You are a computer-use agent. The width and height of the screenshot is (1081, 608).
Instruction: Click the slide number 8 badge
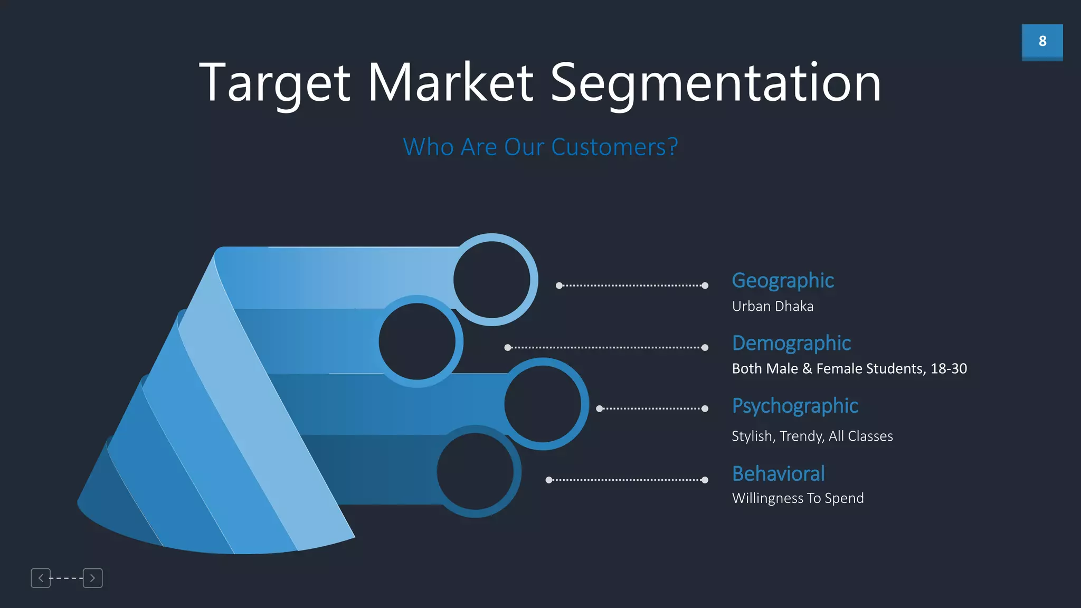(1042, 41)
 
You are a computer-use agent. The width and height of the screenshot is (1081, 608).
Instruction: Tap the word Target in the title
(274, 83)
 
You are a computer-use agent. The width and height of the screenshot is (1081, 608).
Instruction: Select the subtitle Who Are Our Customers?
(540, 147)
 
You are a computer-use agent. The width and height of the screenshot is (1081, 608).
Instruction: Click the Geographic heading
(783, 280)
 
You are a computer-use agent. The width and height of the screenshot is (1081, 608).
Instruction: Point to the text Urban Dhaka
(772, 306)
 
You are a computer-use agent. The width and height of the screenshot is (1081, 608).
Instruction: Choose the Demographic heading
(791, 343)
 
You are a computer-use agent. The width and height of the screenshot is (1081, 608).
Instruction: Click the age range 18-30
(949, 368)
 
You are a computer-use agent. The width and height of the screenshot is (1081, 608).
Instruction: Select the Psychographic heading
(795, 406)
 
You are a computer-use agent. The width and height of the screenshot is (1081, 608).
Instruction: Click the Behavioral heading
(778, 473)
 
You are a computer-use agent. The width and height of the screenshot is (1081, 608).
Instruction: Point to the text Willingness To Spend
(798, 498)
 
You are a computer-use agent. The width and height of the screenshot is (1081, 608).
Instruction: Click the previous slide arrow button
(41, 578)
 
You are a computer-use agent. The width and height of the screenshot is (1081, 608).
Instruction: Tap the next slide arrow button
(92, 578)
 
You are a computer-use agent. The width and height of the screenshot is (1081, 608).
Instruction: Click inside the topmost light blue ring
(491, 280)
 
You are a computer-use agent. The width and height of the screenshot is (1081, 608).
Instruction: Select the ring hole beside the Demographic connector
(417, 341)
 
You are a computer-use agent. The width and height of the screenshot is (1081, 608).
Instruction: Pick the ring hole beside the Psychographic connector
(543, 404)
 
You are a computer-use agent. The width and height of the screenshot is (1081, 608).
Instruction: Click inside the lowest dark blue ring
(475, 471)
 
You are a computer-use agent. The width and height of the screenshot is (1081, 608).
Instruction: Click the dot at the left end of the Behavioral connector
(549, 480)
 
